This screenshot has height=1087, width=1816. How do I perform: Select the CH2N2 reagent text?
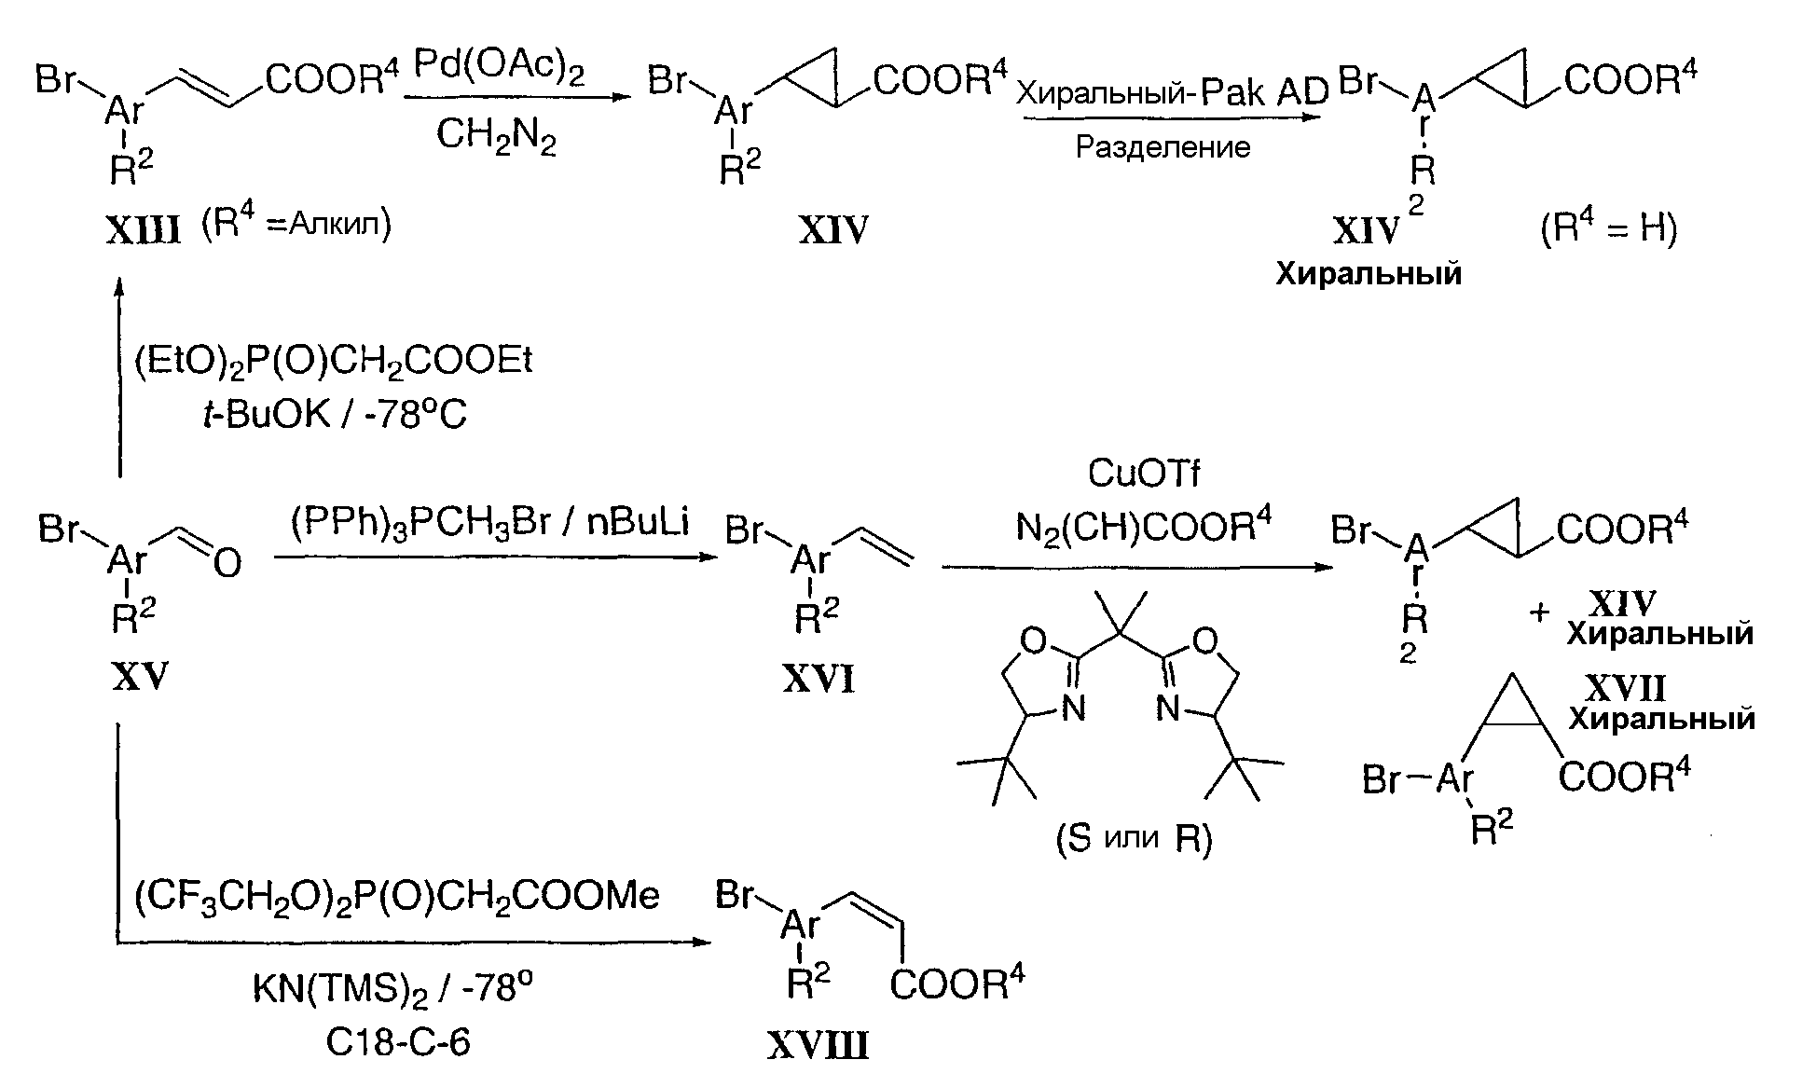[x=497, y=138]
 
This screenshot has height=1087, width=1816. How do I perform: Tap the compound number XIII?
[x=143, y=229]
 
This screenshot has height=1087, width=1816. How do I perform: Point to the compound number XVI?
[x=819, y=681]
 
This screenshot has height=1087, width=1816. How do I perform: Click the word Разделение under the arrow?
[x=1163, y=147]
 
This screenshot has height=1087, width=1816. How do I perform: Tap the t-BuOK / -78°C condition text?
[x=334, y=414]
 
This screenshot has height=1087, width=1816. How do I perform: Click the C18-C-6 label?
[x=398, y=1042]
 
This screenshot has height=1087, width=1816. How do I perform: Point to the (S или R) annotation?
[x=1134, y=840]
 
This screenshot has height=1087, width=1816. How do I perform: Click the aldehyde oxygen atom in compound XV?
[x=227, y=562]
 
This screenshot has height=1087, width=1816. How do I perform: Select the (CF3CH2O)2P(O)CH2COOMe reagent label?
[x=397, y=897]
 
